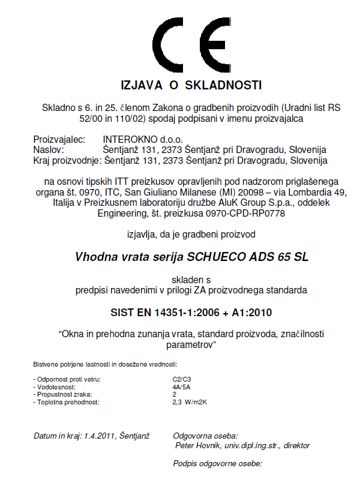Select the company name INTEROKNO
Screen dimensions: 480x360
125,139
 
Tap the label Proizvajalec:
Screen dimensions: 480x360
60,139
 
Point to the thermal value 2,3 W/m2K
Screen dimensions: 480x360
189,403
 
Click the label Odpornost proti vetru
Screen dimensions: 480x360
68,379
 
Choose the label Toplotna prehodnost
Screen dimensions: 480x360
68,403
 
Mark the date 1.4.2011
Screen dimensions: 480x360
100,435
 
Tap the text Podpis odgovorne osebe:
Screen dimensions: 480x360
218,464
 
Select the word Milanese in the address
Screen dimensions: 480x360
224,191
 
